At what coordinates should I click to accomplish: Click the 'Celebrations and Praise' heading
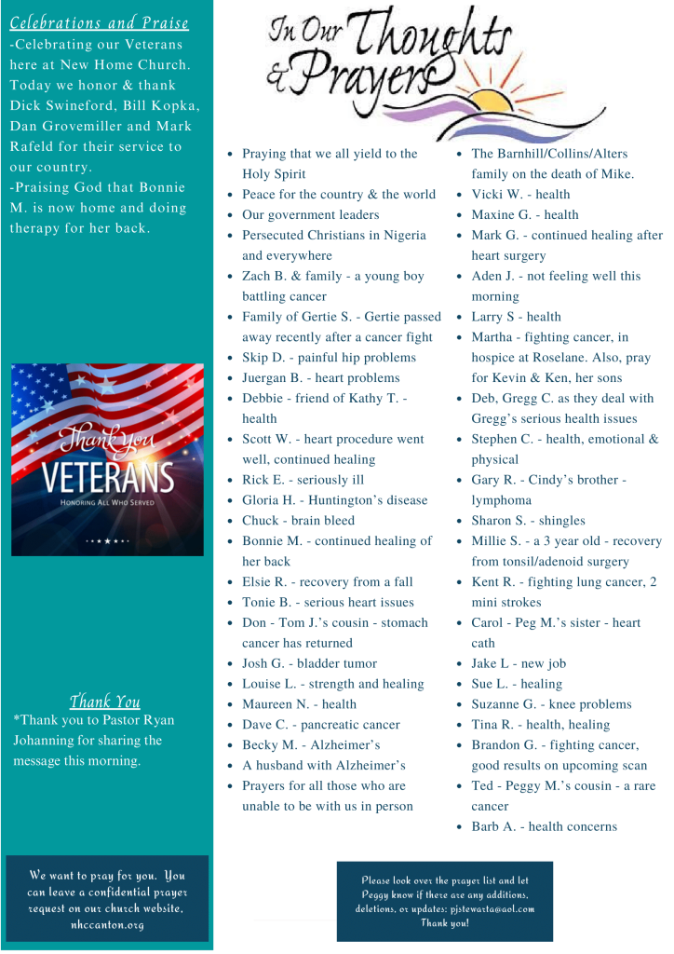[100, 23]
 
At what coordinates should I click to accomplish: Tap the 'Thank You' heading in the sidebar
[105, 702]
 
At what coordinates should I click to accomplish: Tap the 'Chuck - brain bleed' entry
[298, 521]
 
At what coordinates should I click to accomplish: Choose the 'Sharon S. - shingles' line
[528, 521]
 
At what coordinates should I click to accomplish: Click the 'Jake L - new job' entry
[519, 663]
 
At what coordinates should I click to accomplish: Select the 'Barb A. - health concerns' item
[544, 826]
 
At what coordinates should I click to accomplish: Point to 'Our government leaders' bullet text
[310, 215]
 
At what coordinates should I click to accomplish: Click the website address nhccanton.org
[106, 926]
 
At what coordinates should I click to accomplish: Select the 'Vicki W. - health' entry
[520, 195]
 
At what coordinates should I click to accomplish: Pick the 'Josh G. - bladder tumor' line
[309, 663]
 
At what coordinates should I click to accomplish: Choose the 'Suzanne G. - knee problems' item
[551, 704]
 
